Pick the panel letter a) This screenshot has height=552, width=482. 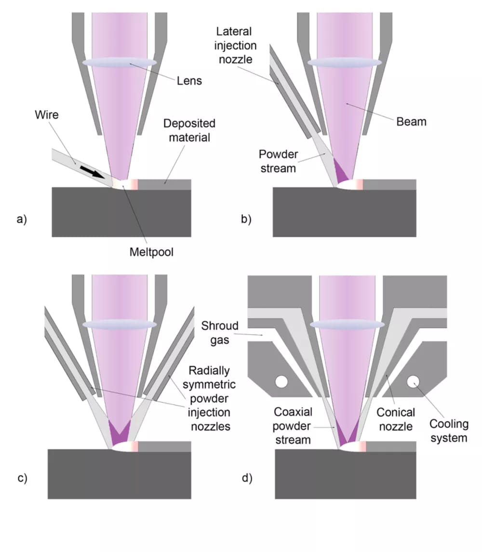22,219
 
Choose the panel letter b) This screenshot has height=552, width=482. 247,219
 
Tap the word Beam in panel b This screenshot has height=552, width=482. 411,121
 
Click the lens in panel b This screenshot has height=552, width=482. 345,63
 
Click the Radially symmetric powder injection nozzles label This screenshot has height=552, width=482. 209,398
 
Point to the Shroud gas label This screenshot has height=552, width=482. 220,333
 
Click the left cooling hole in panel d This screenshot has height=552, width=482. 281,382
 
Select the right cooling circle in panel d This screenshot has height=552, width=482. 413,381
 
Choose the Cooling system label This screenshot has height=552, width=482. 449,431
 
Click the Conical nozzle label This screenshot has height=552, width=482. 396,419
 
